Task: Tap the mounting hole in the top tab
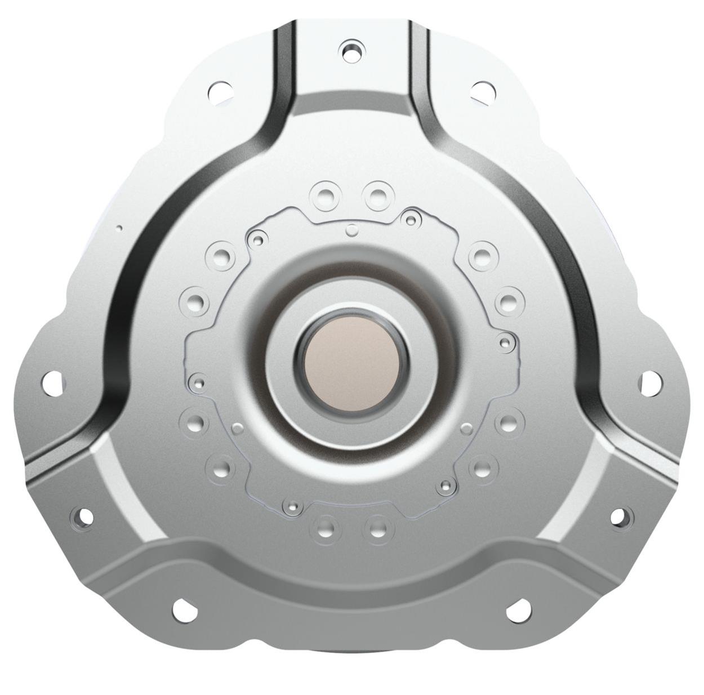pyautogui.click(x=352, y=50)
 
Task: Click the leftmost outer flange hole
pyautogui.click(x=51, y=382)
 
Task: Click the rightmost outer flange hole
pyautogui.click(x=650, y=382)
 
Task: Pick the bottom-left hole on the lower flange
pyautogui.click(x=183, y=610)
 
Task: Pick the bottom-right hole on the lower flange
pyautogui.click(x=518, y=610)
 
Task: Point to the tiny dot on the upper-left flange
pyautogui.click(x=119, y=228)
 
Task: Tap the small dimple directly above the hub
pyautogui.click(x=352, y=230)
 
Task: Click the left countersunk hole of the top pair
pyautogui.click(x=325, y=196)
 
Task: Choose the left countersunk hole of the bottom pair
pyautogui.click(x=325, y=529)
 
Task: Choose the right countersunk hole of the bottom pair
pyautogui.click(x=378, y=529)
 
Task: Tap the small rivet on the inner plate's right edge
pyautogui.click(x=505, y=341)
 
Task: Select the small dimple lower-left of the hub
pyautogui.click(x=238, y=429)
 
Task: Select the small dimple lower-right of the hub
pyautogui.click(x=466, y=429)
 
